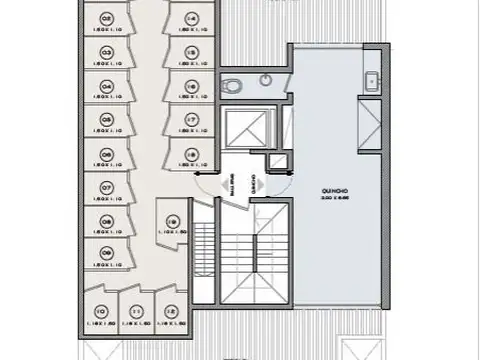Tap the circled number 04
tap(106, 86)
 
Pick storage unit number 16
tap(189, 87)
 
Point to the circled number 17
tap(189, 120)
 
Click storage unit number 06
tap(106, 154)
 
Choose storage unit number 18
tap(189, 154)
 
